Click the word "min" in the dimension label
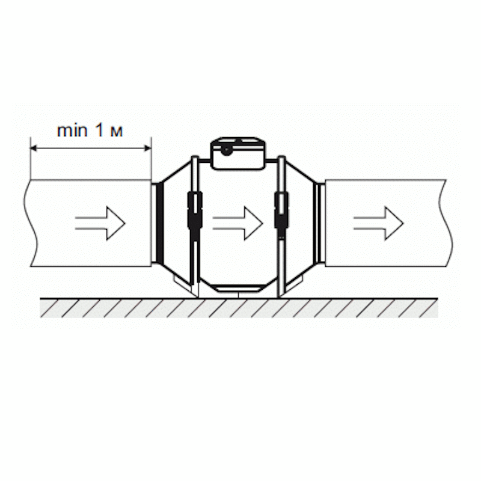click(x=72, y=131)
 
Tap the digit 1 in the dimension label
click(x=100, y=130)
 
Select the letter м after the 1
click(x=117, y=132)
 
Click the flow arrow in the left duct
click(x=100, y=223)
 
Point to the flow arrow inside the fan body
click(x=237, y=223)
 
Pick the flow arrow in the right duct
click(x=378, y=223)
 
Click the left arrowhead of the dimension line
click(x=33, y=149)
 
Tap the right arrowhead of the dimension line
click(x=148, y=149)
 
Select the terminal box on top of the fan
click(x=237, y=153)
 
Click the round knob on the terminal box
click(x=227, y=150)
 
